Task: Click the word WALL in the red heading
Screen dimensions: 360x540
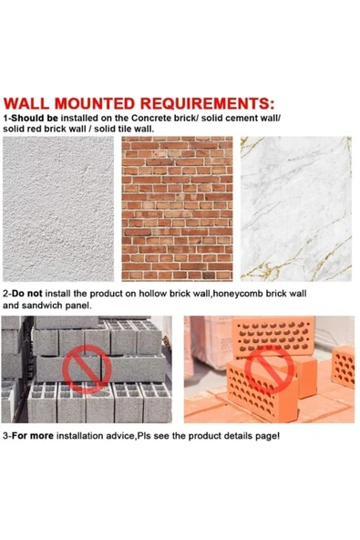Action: pos(26,104)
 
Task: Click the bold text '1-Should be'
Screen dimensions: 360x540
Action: pos(31,119)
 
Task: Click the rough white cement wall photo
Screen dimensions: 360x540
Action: pos(58,209)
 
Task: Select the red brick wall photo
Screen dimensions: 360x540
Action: pos(177,209)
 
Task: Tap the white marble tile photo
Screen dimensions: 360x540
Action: pos(296,209)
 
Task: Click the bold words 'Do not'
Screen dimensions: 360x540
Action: pos(27,294)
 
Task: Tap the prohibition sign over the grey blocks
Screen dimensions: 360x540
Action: pos(87,369)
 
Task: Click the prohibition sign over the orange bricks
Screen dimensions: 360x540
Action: pos(270,369)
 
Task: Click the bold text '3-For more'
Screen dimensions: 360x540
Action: pos(28,436)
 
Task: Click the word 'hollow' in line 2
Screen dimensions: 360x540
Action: pos(151,294)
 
